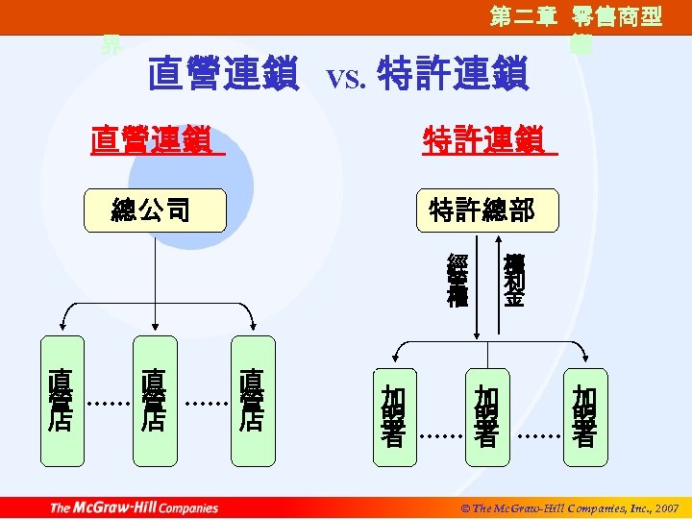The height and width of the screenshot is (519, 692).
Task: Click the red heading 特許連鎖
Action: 489,141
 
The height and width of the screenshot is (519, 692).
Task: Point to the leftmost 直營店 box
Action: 60,400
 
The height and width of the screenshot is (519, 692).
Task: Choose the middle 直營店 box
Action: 154,400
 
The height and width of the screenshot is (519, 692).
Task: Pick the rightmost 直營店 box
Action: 252,400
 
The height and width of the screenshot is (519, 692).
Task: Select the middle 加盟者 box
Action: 487,416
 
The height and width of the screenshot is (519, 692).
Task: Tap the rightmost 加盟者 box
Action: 584,416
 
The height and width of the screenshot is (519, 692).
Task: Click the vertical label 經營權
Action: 457,280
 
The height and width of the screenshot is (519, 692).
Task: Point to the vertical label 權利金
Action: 514,280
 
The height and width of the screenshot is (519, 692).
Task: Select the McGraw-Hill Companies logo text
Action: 134,507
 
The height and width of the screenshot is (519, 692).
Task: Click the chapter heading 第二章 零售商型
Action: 576,17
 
